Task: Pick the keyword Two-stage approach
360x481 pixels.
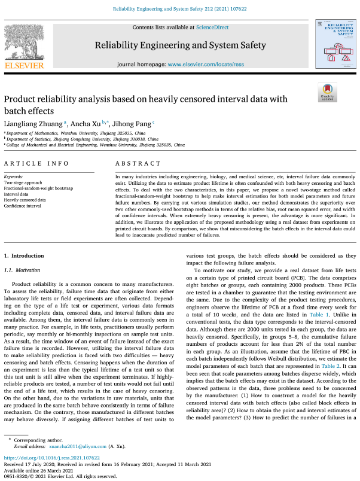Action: pyautogui.click(x=24, y=182)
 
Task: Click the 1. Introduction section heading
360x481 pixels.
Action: pyautogui.click(x=24, y=255)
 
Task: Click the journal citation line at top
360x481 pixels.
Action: pyautogui.click(x=179, y=9)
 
